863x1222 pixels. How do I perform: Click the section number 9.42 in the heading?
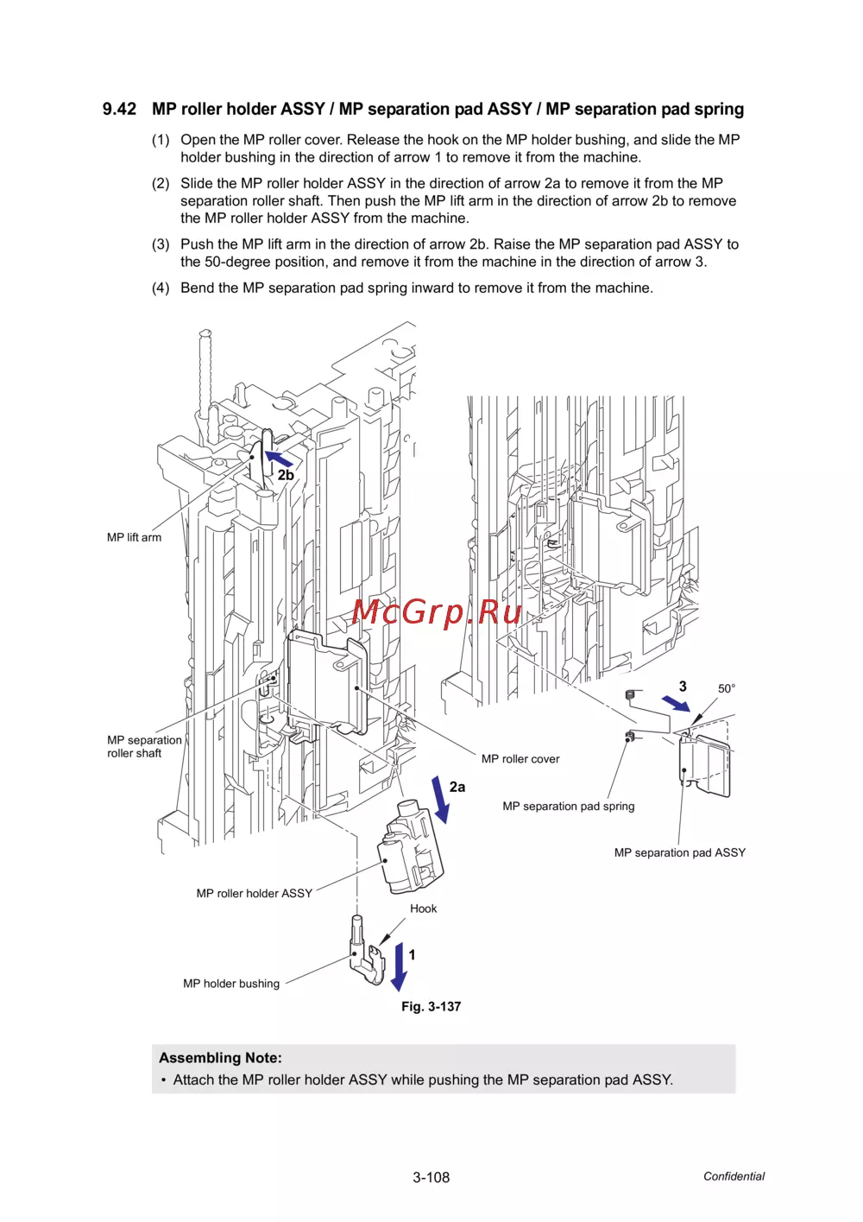119,109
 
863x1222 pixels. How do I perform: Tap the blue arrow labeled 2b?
279,459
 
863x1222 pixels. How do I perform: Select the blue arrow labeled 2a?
440,800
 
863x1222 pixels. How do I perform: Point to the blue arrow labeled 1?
399,966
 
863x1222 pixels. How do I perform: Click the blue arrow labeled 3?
676,704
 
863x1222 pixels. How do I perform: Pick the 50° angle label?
726,688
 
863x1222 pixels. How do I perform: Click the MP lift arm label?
134,537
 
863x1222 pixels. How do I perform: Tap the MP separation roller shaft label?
144,746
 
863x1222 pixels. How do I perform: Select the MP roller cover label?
520,759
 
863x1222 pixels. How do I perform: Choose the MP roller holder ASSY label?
254,893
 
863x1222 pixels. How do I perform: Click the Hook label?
423,909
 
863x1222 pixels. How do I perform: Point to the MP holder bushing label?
231,984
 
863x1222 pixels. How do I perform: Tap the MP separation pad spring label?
569,807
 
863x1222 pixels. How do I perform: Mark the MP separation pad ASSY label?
680,852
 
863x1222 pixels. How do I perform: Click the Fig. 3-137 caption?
431,1006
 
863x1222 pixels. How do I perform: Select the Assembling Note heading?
220,1058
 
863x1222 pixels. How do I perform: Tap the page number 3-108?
431,1177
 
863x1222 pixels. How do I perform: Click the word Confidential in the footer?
734,1176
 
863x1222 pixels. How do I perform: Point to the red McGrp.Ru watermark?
437,611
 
